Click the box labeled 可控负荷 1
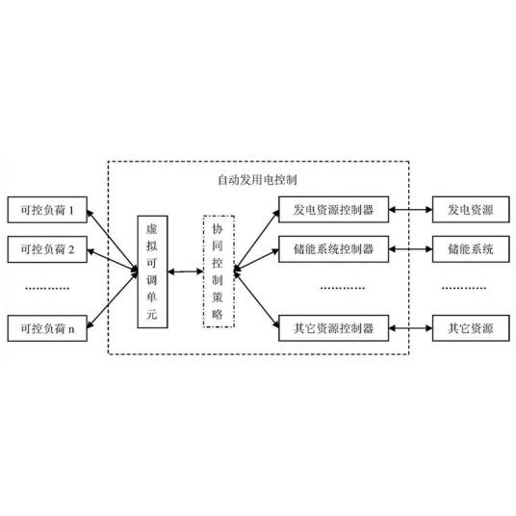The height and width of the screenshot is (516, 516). [x=46, y=208]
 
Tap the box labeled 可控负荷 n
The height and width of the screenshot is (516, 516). [x=46, y=328]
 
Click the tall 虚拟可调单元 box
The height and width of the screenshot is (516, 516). [x=151, y=273]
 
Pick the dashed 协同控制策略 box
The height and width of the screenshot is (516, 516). [x=218, y=273]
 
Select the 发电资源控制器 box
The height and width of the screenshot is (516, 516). [x=332, y=208]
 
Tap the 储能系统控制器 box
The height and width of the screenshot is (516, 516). [x=332, y=248]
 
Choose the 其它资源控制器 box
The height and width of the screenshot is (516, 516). [x=332, y=328]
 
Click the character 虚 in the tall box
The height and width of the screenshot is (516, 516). [x=151, y=231]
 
